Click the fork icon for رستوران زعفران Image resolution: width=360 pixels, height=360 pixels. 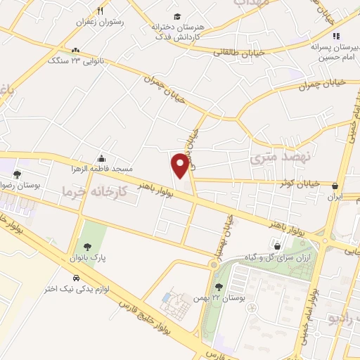tap(101, 11)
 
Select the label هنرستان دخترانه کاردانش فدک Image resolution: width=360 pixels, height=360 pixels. tap(176, 30)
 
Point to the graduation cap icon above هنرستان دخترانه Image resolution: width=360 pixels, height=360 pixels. tap(177, 15)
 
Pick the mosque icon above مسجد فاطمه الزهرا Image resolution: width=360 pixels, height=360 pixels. tap(103, 158)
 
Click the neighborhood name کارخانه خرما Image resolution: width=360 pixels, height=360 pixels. tap(94, 191)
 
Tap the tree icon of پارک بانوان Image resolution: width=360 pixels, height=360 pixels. tap(87, 246)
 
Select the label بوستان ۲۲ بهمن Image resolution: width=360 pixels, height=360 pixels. tap(219, 298)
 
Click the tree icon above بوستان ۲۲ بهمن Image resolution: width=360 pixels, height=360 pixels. tap(219, 286)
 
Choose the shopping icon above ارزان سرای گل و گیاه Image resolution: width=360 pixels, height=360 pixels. tap(278, 246)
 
